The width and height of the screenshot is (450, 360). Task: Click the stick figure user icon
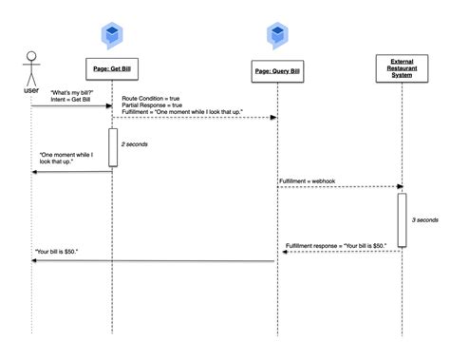pos(30,66)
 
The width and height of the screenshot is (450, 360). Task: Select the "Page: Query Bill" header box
pos(277,72)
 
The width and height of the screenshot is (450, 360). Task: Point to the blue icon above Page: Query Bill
pos(277,39)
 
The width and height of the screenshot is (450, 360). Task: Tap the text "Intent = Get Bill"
pos(72,99)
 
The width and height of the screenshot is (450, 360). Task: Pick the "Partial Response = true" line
pos(158,105)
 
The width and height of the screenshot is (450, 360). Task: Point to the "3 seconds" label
pos(425,219)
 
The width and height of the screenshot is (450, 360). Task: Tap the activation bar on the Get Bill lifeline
pos(112,147)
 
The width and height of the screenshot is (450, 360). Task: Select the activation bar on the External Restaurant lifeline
pos(402,219)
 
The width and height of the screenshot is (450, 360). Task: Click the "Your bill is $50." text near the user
pos(58,252)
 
